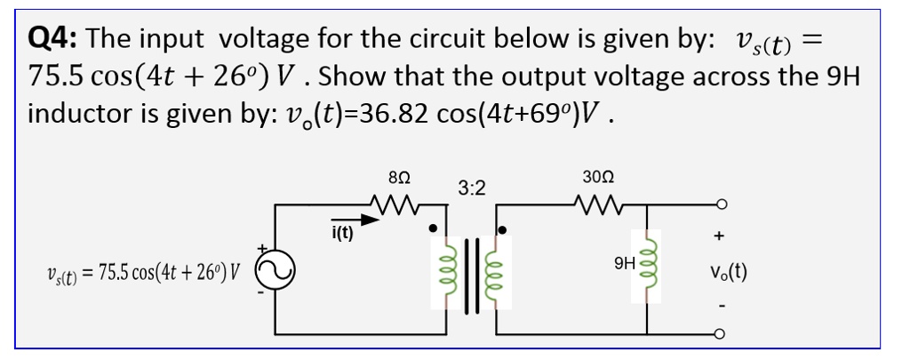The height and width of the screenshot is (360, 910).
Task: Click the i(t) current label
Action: pos(341,234)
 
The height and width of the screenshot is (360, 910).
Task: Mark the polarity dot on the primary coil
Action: pos(433,228)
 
